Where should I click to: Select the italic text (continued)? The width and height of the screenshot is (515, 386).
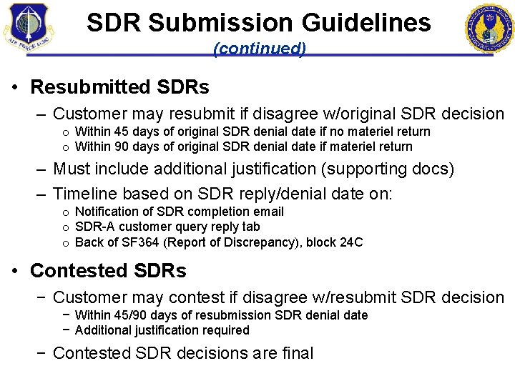(x=260, y=49)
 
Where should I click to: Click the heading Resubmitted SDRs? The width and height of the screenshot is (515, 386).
(x=119, y=87)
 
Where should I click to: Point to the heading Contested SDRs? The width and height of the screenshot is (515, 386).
(x=108, y=271)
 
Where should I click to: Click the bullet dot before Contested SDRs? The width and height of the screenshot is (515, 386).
(x=16, y=272)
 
